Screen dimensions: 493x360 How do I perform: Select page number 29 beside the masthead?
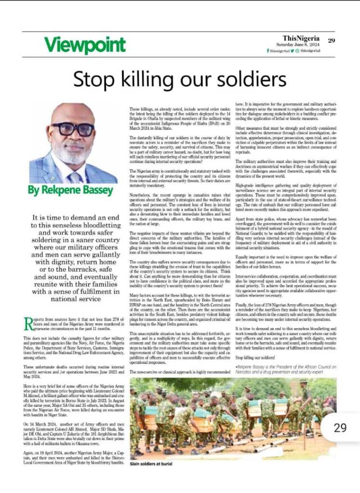[x=331, y=40]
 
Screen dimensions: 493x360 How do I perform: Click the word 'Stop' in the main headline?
[x=90, y=79]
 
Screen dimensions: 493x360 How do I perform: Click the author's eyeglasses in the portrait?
[x=73, y=129]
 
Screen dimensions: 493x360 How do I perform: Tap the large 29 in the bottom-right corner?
[x=340, y=427]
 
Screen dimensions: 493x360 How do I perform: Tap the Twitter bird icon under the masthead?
[x=292, y=51]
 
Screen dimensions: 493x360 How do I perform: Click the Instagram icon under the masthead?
[x=297, y=51]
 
